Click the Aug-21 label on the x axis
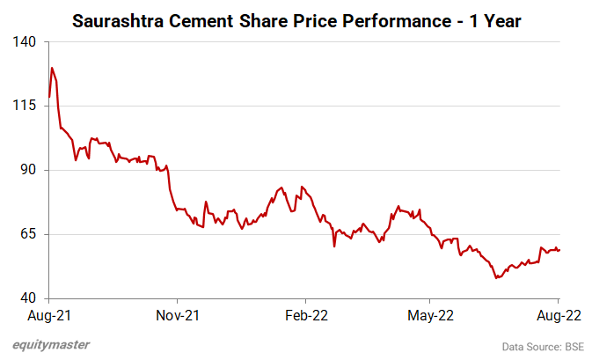pos(49,314)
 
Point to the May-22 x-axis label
pos(431,314)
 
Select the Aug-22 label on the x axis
pos(559,314)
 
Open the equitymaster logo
pos(51,344)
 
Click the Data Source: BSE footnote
pos(543,345)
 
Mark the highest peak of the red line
pos(52,68)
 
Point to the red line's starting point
pos(49,97)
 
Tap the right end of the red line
pos(560,250)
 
